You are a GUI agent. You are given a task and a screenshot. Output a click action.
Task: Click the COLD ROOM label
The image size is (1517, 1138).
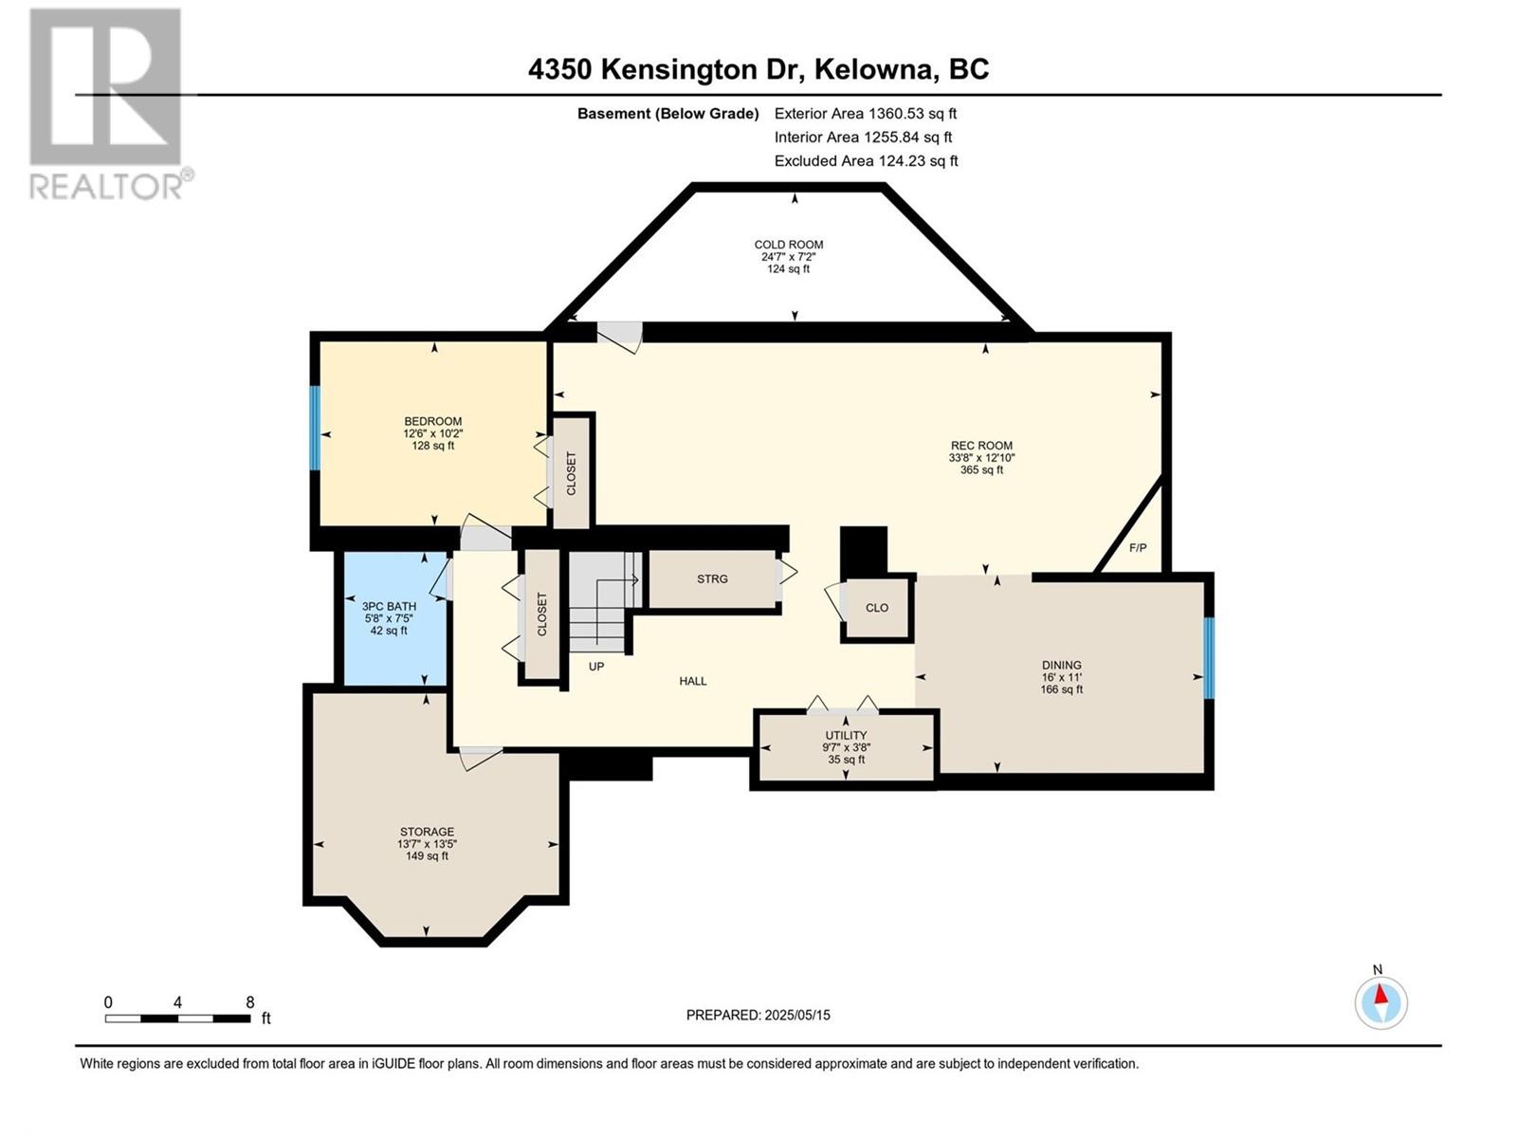(788, 245)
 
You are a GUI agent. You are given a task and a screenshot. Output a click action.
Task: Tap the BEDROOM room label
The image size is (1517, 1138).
(432, 421)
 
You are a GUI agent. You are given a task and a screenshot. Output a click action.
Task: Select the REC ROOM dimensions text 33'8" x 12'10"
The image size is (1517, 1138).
(981, 458)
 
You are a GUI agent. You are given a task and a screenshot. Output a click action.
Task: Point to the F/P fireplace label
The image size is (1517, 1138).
(1138, 548)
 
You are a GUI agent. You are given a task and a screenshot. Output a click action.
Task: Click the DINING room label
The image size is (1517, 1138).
(1062, 666)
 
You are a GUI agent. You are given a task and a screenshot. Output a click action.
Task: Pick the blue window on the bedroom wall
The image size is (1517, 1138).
(315, 428)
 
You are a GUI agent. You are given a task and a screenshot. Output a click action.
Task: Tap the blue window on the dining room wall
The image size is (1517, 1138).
(1209, 658)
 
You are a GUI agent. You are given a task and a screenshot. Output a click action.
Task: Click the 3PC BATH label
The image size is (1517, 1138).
(389, 607)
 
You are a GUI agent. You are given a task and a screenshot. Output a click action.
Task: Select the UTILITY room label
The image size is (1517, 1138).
(846, 735)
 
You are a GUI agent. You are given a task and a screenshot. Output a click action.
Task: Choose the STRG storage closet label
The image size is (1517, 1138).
(712, 579)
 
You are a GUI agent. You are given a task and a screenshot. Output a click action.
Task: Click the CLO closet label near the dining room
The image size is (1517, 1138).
(877, 608)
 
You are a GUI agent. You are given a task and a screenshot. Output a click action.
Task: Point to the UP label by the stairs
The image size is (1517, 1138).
(595, 667)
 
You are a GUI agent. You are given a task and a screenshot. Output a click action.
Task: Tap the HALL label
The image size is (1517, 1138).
(692, 681)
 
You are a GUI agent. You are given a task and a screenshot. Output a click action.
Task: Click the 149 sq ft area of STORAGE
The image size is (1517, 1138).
(427, 856)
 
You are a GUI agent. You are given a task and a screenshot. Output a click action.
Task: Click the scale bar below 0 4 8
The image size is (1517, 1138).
(177, 1019)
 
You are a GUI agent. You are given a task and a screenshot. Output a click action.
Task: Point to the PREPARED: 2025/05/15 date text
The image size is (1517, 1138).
(758, 1015)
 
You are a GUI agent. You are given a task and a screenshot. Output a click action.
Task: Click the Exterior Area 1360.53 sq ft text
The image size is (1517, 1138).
(866, 114)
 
